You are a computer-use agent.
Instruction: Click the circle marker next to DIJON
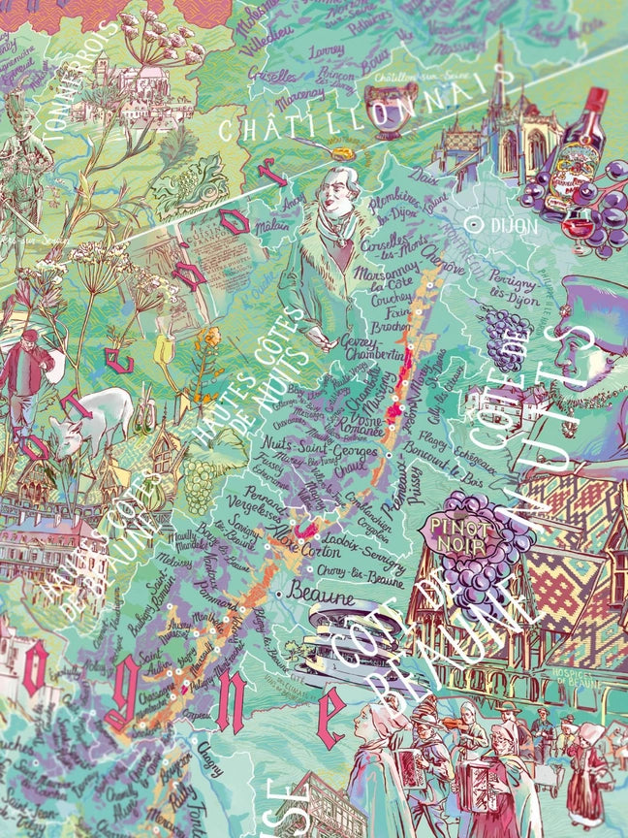(475, 223)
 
